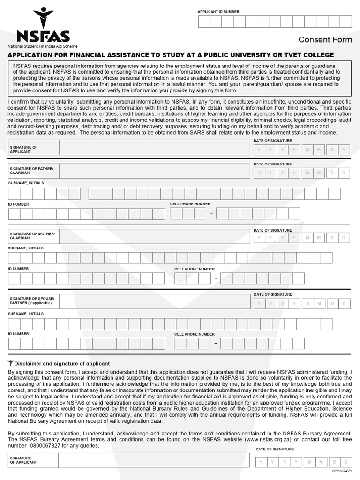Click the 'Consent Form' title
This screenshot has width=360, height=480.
click(x=325, y=40)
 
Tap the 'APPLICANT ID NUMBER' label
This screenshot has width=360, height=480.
click(x=218, y=11)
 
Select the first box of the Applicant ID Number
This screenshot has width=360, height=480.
click(x=204, y=22)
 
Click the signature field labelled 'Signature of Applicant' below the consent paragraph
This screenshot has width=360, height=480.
click(x=155, y=148)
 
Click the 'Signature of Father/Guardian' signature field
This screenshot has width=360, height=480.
click(x=155, y=171)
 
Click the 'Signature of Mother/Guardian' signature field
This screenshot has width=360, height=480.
click(x=155, y=236)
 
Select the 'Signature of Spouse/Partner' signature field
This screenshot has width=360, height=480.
click(x=155, y=301)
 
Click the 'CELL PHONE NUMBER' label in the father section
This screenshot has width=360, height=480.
click(x=190, y=204)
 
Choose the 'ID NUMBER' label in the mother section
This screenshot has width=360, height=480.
click(x=18, y=269)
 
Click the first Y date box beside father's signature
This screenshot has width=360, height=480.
click(x=259, y=173)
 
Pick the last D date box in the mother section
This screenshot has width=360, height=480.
click(x=345, y=238)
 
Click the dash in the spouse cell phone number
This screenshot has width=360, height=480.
click(x=216, y=344)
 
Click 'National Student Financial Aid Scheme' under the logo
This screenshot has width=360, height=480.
click(x=42, y=46)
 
